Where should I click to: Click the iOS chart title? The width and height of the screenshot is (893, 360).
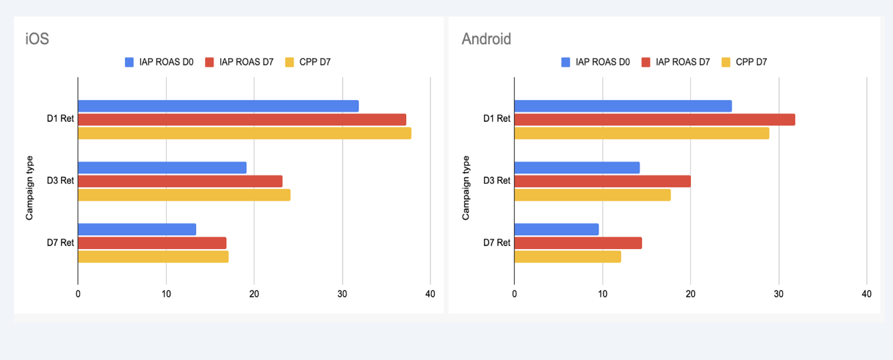coord(37,38)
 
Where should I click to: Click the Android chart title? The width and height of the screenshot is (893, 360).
coord(486,38)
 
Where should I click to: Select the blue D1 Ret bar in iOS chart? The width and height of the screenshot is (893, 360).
coord(218,106)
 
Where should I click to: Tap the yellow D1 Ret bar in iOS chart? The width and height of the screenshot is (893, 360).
coord(245,133)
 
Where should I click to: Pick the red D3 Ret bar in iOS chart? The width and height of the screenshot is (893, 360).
coord(180,181)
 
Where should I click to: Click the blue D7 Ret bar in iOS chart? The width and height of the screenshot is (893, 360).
coord(137,229)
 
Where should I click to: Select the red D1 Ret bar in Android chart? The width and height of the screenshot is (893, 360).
coord(654,120)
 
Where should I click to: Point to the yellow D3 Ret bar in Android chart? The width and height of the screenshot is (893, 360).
coord(592,195)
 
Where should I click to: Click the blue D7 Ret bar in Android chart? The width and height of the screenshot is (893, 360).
coord(556,229)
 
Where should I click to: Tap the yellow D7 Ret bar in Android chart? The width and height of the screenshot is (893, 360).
coord(567,256)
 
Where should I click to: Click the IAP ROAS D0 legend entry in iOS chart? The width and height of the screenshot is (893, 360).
coord(159,62)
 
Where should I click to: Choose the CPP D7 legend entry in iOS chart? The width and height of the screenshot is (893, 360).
coord(308,62)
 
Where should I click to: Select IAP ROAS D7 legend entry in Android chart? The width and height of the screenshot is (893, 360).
coord(676,62)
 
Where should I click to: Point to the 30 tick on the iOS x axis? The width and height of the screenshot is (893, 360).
coord(342,294)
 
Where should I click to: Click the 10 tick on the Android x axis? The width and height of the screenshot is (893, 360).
coord(602,294)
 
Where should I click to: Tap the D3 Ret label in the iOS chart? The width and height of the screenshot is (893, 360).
coord(61,181)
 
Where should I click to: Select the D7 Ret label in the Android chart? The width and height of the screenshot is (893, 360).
coord(497,242)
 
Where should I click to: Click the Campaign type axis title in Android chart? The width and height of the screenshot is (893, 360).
coord(466,187)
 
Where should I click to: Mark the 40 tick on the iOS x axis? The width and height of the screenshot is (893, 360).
coord(430,294)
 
